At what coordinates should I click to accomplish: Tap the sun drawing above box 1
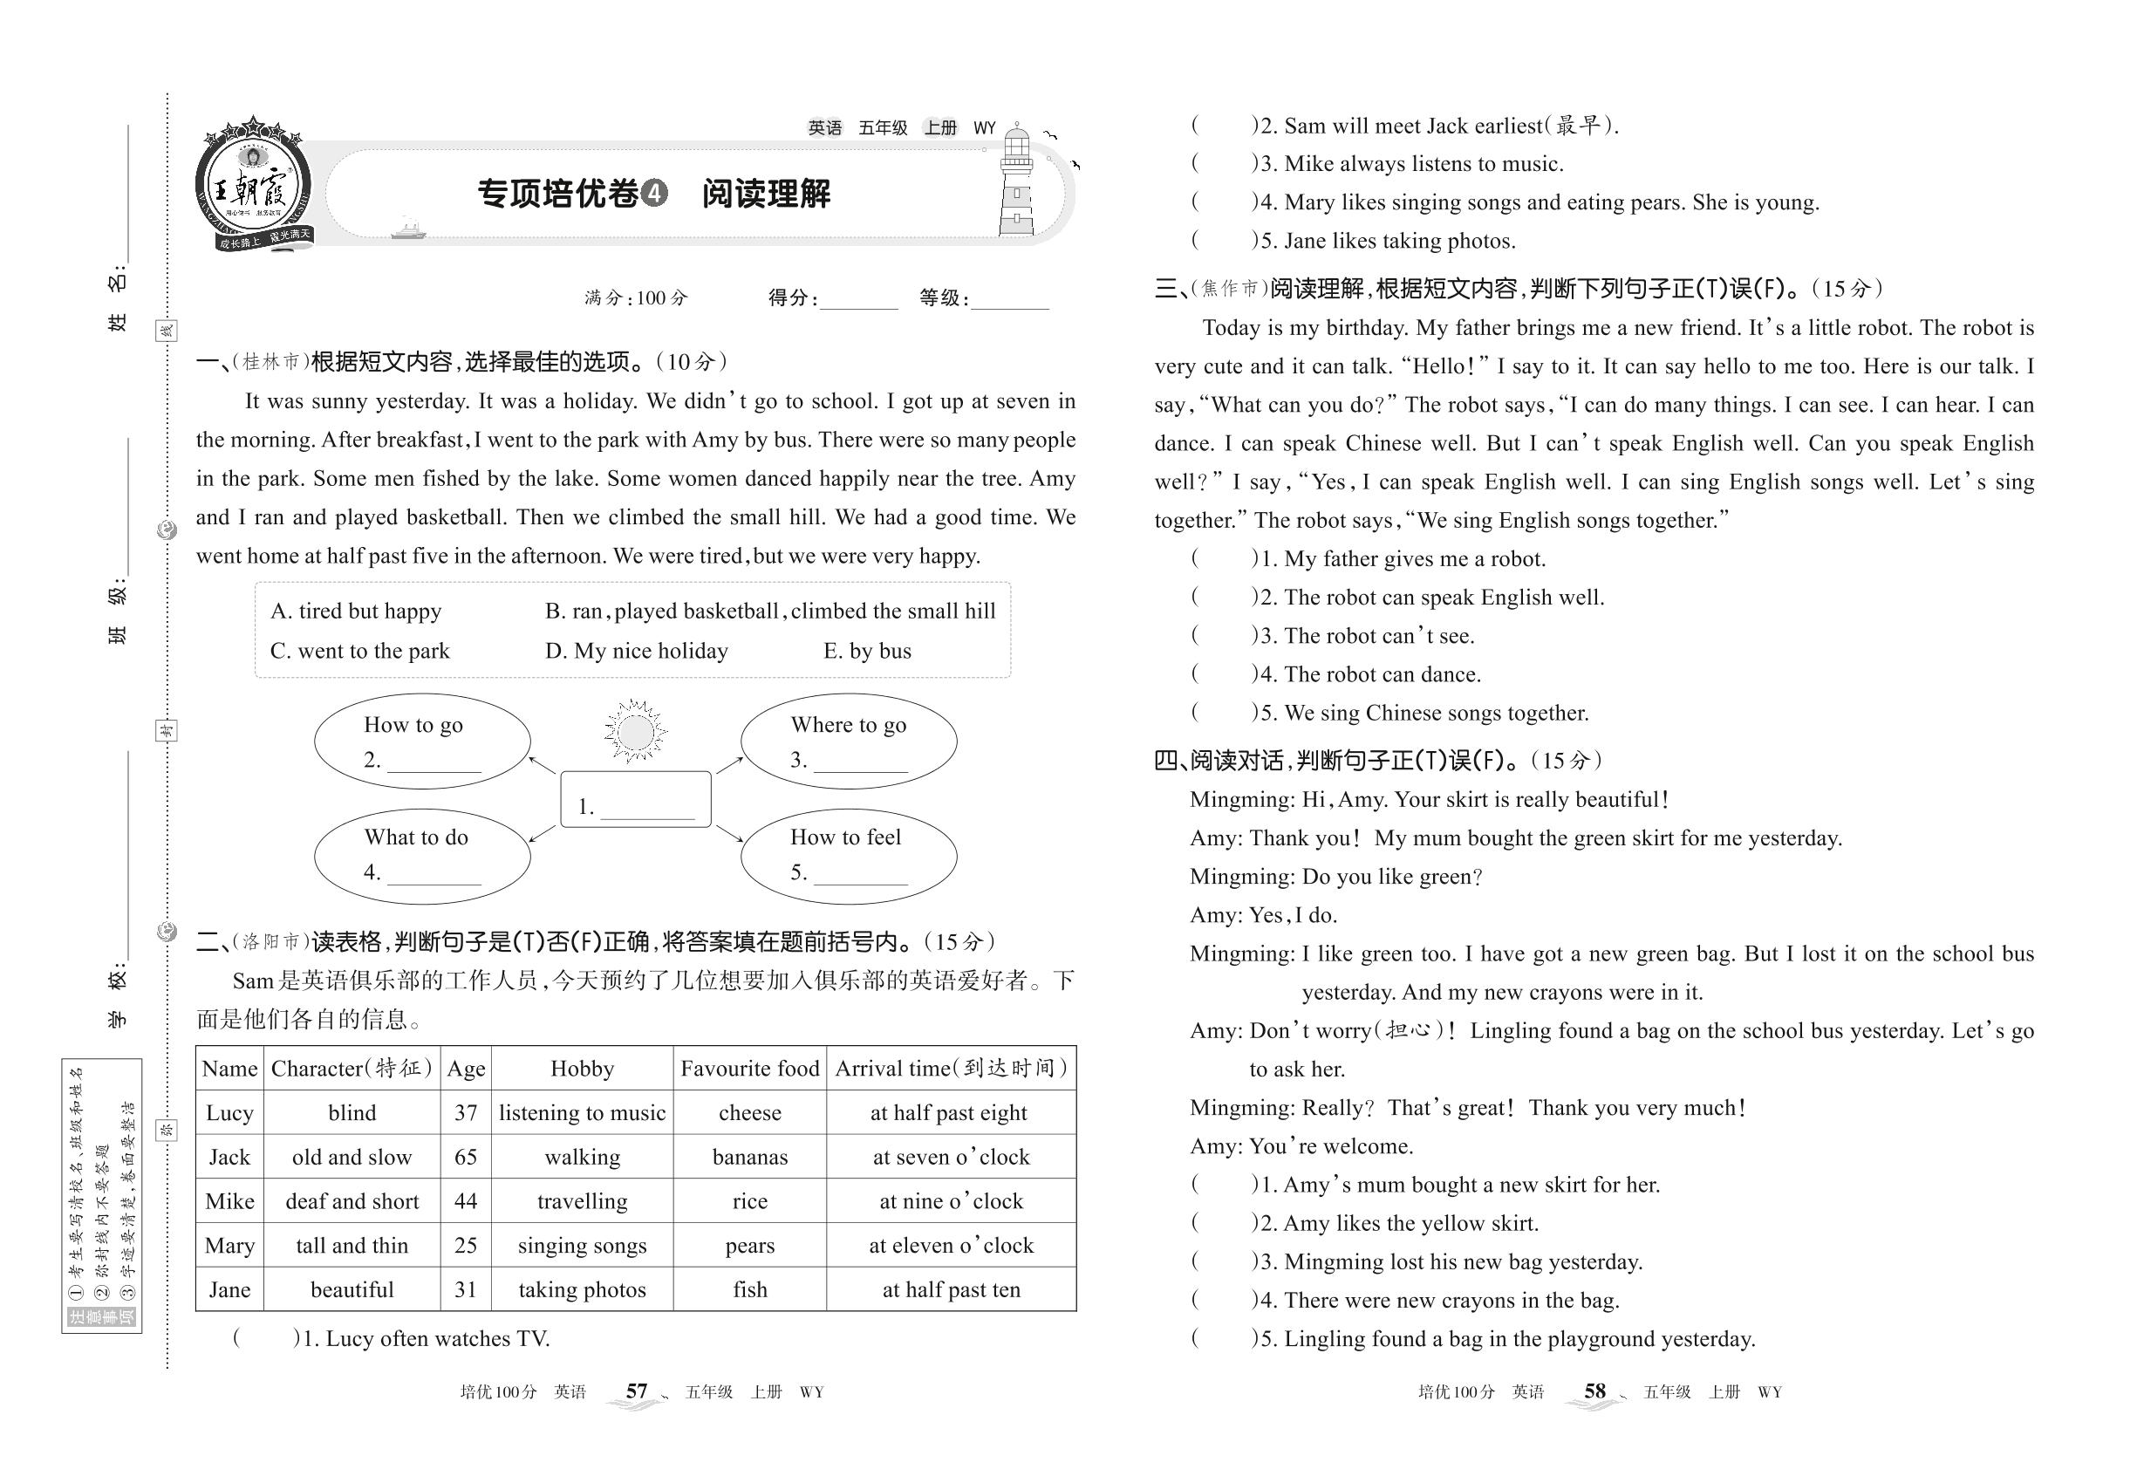click(636, 731)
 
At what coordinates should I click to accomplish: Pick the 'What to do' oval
click(422, 855)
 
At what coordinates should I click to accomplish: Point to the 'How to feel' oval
click(849, 855)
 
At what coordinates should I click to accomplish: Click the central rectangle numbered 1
click(636, 799)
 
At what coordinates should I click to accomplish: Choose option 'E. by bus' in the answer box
click(867, 652)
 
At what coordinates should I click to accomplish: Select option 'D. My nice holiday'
click(637, 652)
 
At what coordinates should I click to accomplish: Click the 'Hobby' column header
click(582, 1069)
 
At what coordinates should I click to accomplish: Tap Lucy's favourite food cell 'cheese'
click(750, 1113)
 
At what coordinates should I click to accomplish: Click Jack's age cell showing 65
click(466, 1157)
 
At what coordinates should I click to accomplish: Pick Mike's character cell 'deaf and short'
click(352, 1201)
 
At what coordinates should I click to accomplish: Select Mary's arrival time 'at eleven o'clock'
click(951, 1245)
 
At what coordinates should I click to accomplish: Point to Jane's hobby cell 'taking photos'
click(582, 1289)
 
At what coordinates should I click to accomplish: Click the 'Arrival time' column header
click(951, 1069)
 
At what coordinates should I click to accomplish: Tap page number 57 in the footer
click(637, 1391)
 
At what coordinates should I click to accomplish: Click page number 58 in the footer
click(1594, 1391)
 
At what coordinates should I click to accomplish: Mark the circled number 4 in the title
click(654, 194)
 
